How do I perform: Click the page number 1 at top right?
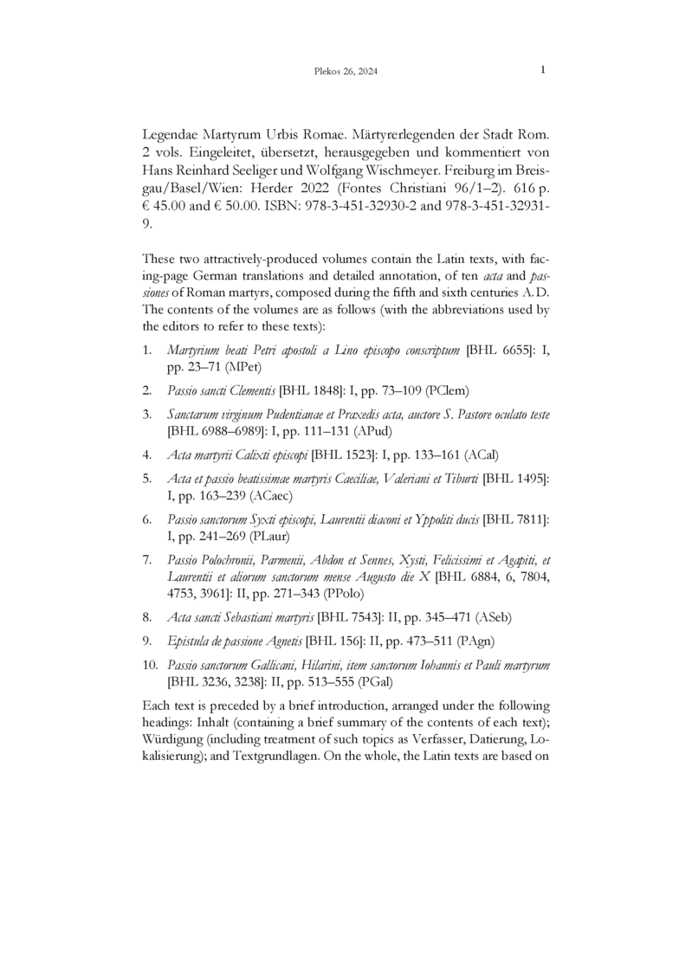tap(542, 70)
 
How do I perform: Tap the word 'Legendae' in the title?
tap(171, 137)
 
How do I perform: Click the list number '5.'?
tap(149, 477)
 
